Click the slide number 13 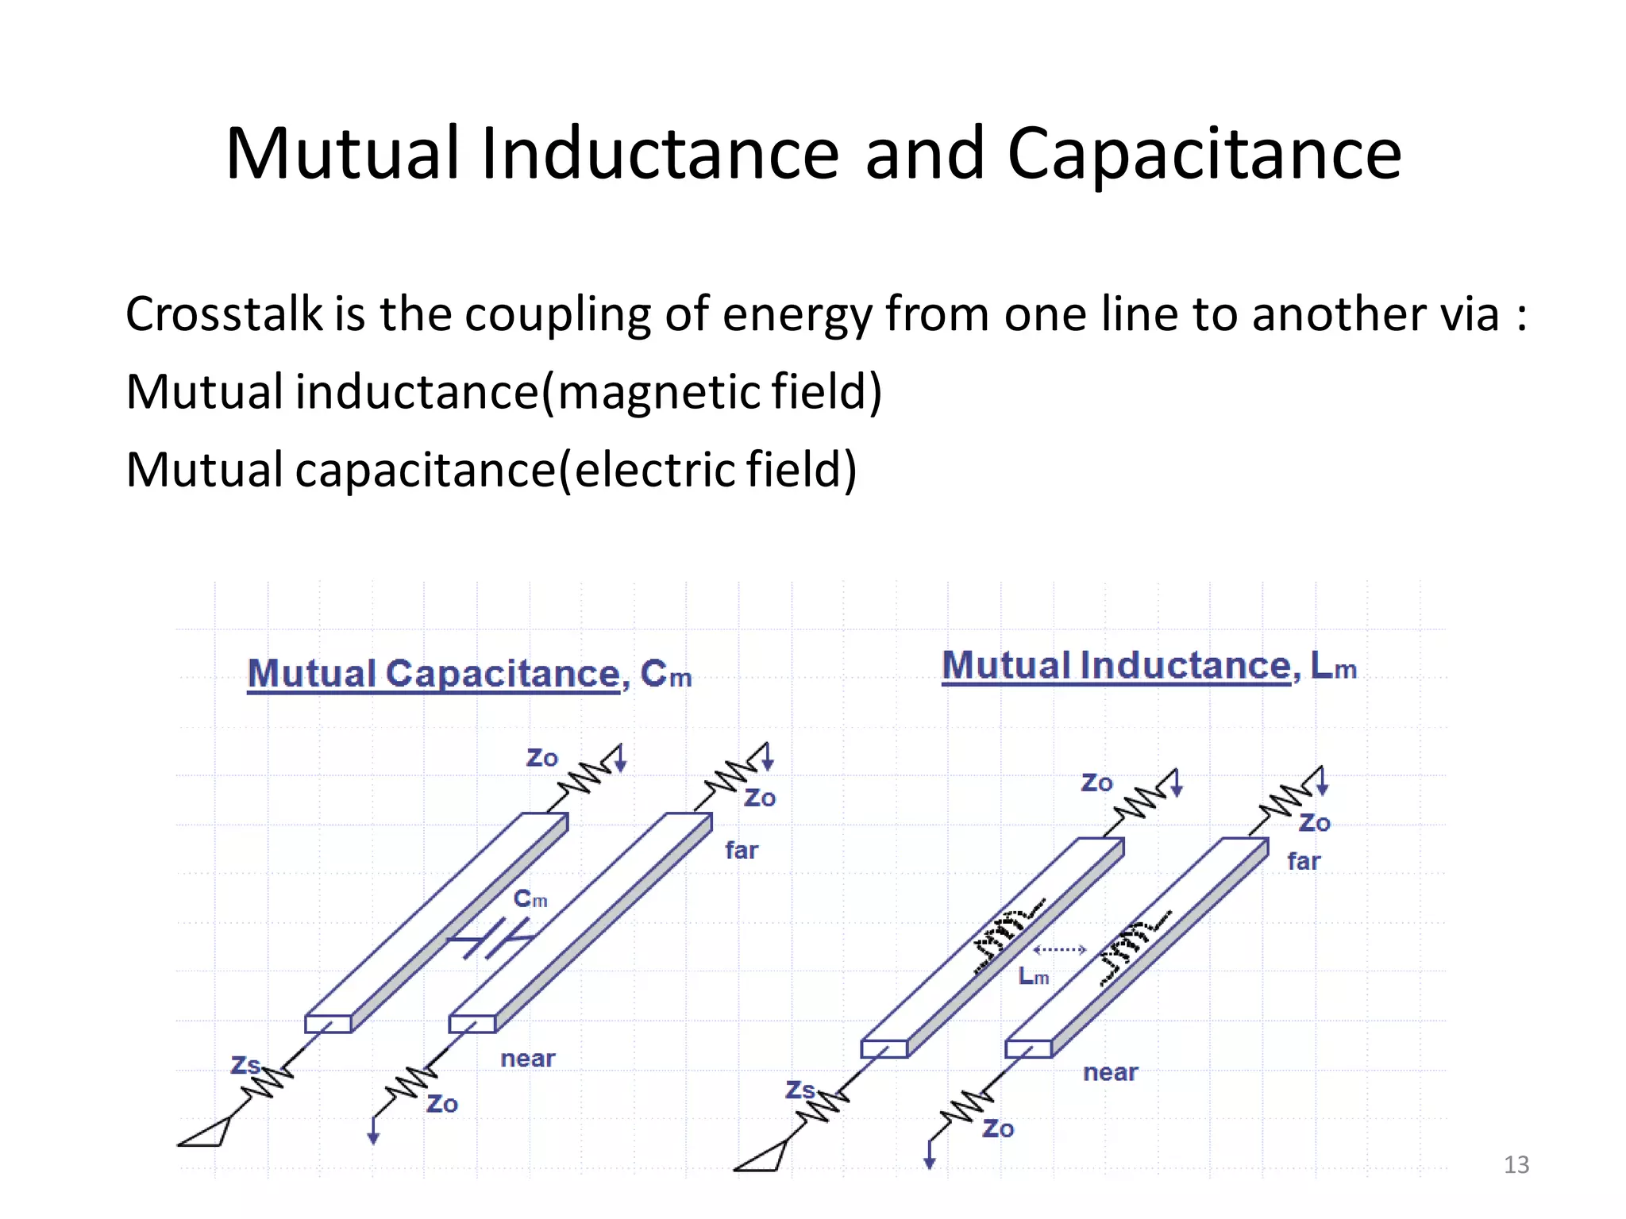tap(1516, 1164)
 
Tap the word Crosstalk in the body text tap(223, 313)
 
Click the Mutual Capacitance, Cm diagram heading tap(468, 674)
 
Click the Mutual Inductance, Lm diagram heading tap(1148, 666)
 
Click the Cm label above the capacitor tap(530, 899)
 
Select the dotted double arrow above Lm tap(1059, 949)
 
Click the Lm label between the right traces tap(1033, 976)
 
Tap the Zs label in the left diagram tap(245, 1064)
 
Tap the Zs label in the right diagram tap(800, 1090)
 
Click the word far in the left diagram tap(742, 851)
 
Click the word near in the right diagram tap(1110, 1073)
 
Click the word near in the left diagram tap(527, 1059)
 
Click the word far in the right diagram tap(1304, 861)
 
